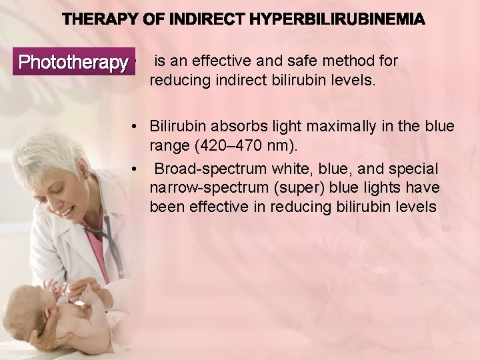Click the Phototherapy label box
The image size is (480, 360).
pos(73,63)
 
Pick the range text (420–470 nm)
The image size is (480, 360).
pos(242,145)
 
